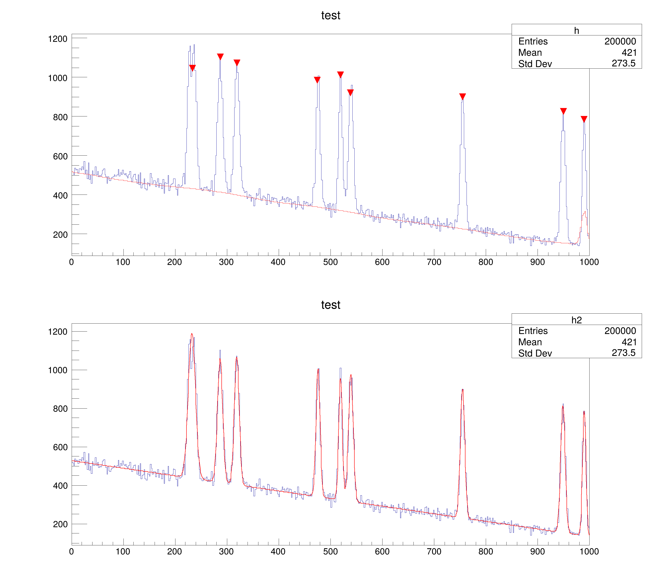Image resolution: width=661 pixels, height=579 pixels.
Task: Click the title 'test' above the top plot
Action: [330, 15]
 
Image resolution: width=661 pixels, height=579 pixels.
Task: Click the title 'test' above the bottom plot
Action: [330, 305]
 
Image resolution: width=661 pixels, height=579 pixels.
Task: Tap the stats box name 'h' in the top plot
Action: [576, 31]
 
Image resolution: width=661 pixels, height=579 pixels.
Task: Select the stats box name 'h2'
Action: [576, 320]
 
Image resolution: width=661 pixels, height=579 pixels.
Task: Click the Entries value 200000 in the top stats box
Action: [620, 41]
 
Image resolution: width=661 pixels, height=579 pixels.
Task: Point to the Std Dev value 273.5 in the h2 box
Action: [623, 353]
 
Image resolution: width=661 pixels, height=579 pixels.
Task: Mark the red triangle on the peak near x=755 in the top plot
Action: [462, 96]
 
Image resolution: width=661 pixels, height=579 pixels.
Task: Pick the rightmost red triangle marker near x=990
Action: [584, 119]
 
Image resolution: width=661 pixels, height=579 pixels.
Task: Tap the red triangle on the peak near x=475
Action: [317, 79]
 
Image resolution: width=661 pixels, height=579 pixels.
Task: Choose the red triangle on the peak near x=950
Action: [563, 111]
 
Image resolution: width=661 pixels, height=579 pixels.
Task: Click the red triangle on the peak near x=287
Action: [220, 56]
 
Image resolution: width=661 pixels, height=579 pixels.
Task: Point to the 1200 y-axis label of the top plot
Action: [58, 39]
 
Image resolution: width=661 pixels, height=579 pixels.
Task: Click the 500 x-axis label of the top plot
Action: [330, 262]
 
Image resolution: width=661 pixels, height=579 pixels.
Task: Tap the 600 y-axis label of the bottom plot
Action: [60, 447]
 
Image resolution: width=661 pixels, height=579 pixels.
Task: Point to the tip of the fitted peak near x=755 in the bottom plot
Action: [462, 389]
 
